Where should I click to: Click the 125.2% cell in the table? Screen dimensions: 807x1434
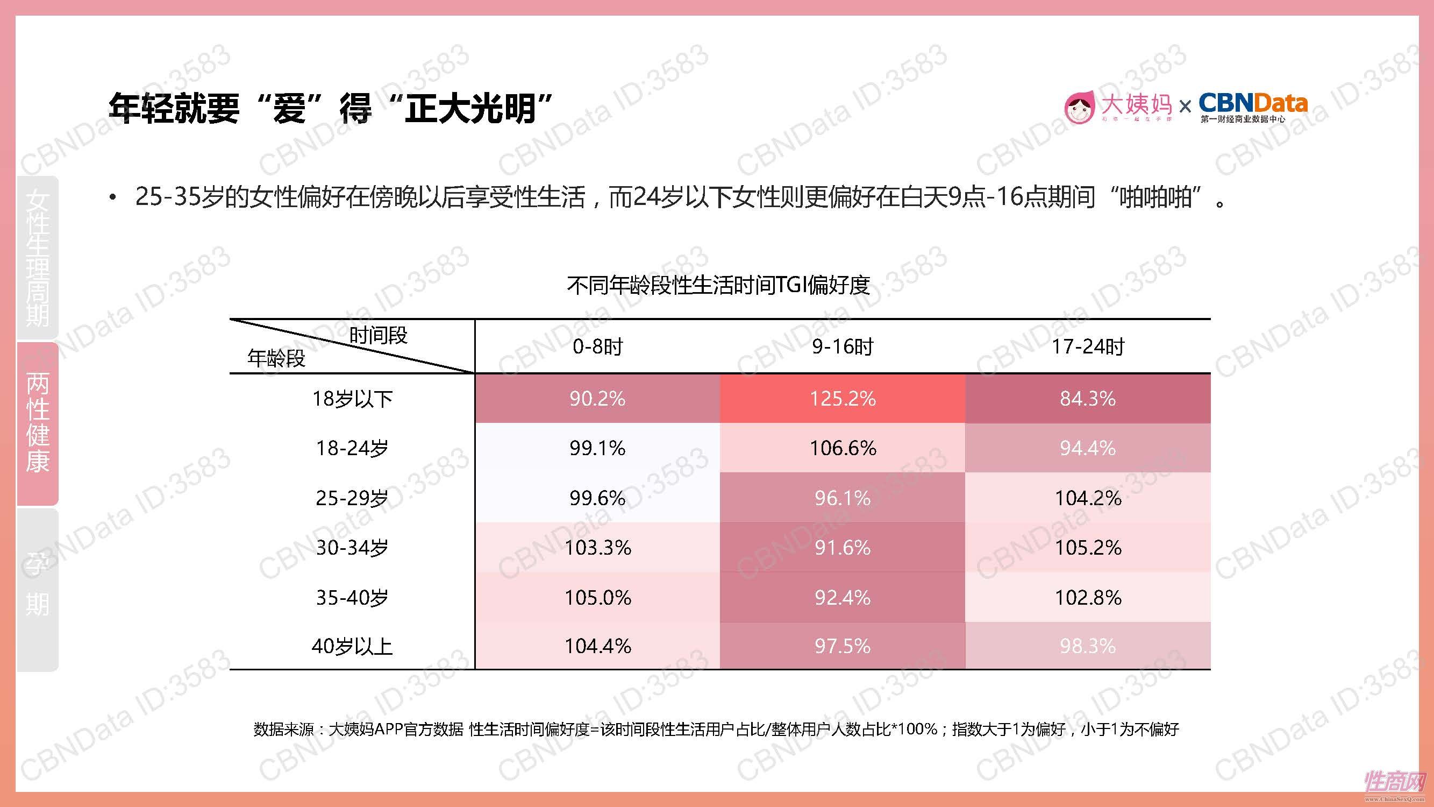[x=842, y=399]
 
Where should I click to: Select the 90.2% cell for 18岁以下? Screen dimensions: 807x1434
[x=597, y=399]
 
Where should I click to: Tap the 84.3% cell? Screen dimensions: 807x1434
[x=1087, y=399]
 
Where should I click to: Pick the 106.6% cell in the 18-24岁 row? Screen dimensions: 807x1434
[x=842, y=448]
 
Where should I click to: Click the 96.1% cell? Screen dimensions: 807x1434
[x=842, y=498]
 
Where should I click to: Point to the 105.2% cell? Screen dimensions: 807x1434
[x=1087, y=548]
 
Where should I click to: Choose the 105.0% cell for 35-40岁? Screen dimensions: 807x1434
[x=597, y=598]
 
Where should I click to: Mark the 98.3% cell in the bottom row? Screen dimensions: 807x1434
[x=1087, y=646]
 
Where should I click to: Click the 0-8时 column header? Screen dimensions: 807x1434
[x=597, y=346]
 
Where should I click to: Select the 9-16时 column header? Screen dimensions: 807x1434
[x=842, y=346]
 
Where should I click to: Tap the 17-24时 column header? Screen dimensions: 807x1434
[x=1087, y=346]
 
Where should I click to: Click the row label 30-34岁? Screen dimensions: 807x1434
[x=352, y=548]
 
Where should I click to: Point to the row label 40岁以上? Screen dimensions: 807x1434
[x=352, y=646]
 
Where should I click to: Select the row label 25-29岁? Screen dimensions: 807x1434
[x=352, y=498]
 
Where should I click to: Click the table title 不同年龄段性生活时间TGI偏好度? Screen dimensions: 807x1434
[x=718, y=285]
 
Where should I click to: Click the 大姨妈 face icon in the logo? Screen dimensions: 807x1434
[x=1079, y=108]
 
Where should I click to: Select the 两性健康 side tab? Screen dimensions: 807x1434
[x=38, y=423]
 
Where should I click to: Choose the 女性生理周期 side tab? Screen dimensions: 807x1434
[x=38, y=258]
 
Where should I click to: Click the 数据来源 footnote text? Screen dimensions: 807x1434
[x=716, y=729]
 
